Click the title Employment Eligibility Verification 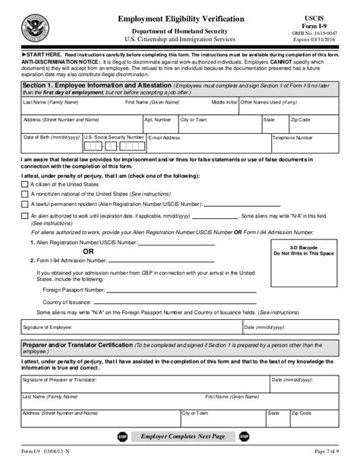[181, 16]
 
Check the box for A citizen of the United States [25, 185]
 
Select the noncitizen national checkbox [25, 195]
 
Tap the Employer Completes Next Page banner [180, 438]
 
